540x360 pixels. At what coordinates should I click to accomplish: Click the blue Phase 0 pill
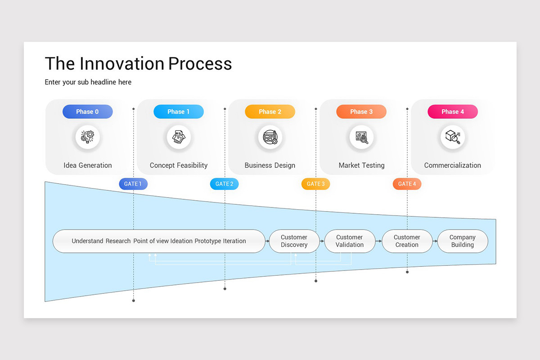(x=87, y=112)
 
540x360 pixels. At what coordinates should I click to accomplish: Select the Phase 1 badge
(x=179, y=112)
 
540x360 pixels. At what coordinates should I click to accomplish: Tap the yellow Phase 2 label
(x=270, y=112)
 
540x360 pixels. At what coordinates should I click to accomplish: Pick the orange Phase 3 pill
(x=361, y=112)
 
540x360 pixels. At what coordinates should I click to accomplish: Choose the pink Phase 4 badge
(x=453, y=112)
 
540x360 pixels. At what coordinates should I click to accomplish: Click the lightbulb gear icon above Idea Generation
(x=87, y=137)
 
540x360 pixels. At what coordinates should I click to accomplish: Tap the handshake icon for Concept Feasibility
(x=179, y=137)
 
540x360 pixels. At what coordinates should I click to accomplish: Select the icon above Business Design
(x=270, y=137)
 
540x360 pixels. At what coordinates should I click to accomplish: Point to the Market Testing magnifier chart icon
(x=362, y=137)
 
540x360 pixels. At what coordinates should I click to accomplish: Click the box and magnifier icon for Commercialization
(x=453, y=137)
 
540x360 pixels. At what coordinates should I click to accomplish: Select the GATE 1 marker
(x=133, y=184)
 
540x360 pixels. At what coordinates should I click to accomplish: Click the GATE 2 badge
(x=225, y=184)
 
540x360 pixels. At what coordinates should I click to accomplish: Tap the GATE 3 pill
(x=316, y=184)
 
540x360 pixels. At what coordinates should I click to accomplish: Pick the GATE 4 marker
(x=407, y=184)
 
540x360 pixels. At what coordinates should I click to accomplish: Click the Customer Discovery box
(x=294, y=241)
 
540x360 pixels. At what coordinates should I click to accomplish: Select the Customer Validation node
(x=350, y=241)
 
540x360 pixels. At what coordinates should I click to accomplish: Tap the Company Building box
(x=463, y=241)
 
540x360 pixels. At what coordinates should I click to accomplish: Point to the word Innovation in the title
(x=122, y=63)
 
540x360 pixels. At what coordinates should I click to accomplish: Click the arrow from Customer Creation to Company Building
(x=435, y=241)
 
